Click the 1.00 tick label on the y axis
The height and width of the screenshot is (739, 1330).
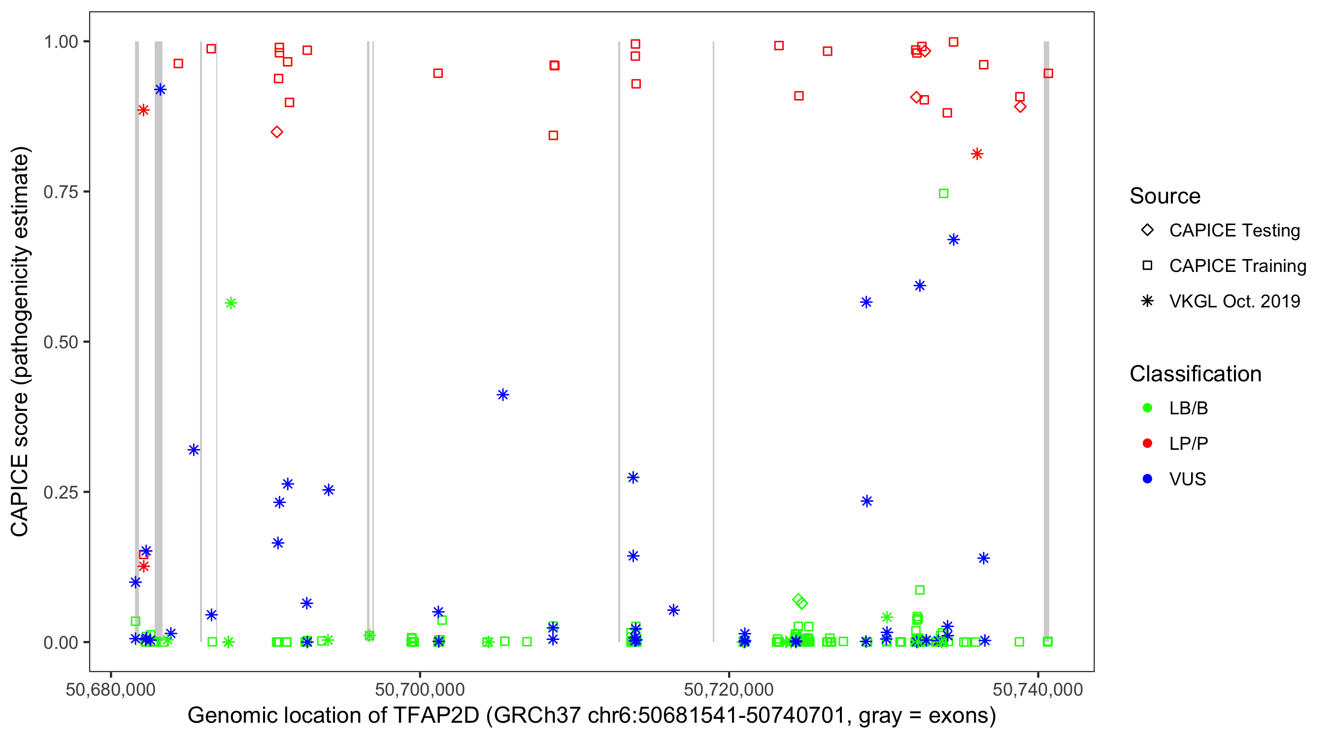pos(61,41)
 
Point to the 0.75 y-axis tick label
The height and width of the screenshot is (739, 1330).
pos(61,192)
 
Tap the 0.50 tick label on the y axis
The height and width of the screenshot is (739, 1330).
pos(61,342)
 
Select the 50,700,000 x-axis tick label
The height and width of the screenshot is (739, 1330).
pos(420,689)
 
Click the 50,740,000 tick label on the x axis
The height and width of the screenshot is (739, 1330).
pos(1038,689)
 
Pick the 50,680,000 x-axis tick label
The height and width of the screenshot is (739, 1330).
pos(110,689)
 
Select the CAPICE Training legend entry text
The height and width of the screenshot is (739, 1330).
pos(1237,266)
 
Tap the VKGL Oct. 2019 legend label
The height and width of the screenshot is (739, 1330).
pos(1234,301)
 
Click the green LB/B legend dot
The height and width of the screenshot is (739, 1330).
pos(1147,408)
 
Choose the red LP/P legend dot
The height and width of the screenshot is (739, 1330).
pos(1147,443)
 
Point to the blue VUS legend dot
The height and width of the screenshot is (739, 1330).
pos(1147,479)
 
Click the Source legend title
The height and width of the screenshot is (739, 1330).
pos(1165,196)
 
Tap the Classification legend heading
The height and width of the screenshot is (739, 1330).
pos(1195,374)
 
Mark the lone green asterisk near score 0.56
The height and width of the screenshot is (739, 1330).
pos(231,303)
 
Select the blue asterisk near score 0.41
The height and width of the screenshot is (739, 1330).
pos(503,395)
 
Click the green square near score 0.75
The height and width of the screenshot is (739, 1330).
pos(943,194)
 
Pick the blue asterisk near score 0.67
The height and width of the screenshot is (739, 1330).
pos(954,239)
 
